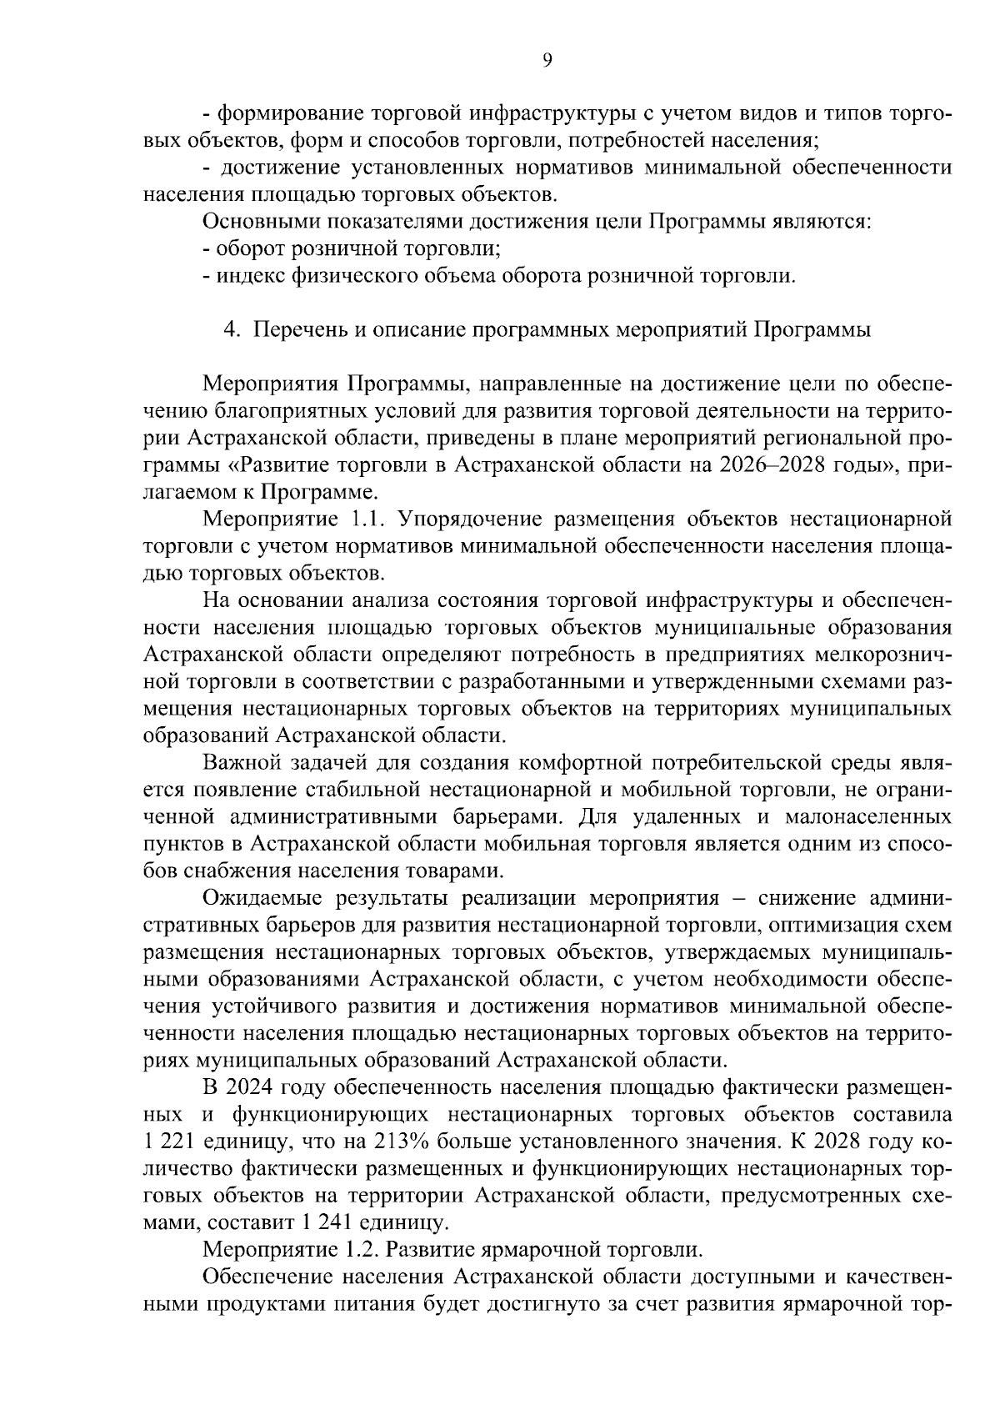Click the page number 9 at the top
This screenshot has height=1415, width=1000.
pyautogui.click(x=546, y=59)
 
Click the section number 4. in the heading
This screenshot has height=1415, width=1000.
pyautogui.click(x=232, y=329)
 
